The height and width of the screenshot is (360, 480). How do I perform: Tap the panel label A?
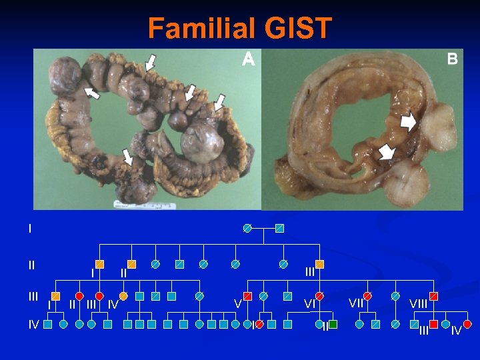click(x=248, y=59)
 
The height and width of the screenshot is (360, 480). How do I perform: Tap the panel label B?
click(x=452, y=59)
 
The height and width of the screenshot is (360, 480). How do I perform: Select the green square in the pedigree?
click(x=333, y=324)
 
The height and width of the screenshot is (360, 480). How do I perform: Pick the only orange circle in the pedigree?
click(x=123, y=295)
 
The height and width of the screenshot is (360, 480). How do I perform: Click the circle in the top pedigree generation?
click(x=247, y=228)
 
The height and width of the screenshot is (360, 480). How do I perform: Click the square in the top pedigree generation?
click(x=279, y=228)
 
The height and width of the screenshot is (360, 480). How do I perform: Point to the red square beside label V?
click(x=247, y=295)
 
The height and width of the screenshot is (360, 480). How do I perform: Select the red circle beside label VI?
click(x=319, y=295)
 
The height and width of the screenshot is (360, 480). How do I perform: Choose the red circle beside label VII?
click(x=367, y=295)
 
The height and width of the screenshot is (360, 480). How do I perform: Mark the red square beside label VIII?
click(x=434, y=295)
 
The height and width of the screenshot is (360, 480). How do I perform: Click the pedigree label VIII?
click(x=419, y=304)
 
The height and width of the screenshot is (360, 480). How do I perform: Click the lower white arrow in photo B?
click(x=385, y=153)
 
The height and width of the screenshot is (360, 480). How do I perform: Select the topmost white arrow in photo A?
click(x=151, y=63)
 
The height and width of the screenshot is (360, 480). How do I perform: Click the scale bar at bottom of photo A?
click(x=143, y=203)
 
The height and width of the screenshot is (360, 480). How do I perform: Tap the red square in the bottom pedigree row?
click(x=433, y=324)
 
